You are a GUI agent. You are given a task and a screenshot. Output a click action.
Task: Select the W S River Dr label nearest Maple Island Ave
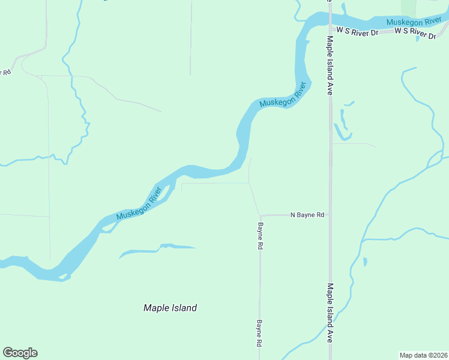click(357, 30)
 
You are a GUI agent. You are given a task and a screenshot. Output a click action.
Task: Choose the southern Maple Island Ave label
click(330, 313)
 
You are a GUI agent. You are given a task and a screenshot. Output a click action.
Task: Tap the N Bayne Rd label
click(307, 214)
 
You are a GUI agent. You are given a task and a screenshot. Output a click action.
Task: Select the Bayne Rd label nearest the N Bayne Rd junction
click(261, 236)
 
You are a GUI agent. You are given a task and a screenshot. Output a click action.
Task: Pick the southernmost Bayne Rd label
click(261, 332)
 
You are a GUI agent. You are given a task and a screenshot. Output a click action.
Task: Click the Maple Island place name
click(170, 308)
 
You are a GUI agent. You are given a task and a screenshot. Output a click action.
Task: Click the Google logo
click(20, 353)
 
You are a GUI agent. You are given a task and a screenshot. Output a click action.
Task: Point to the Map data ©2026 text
click(423, 355)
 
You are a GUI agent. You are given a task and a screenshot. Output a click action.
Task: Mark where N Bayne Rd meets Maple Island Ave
click(330, 214)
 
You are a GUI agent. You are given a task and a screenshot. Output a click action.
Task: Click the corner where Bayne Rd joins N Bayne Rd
click(261, 215)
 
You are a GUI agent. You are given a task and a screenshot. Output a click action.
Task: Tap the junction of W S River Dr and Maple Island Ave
click(330, 30)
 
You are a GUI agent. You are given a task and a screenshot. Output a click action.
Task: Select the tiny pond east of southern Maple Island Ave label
click(365, 262)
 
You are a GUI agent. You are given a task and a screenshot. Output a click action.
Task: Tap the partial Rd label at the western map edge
click(6, 73)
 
